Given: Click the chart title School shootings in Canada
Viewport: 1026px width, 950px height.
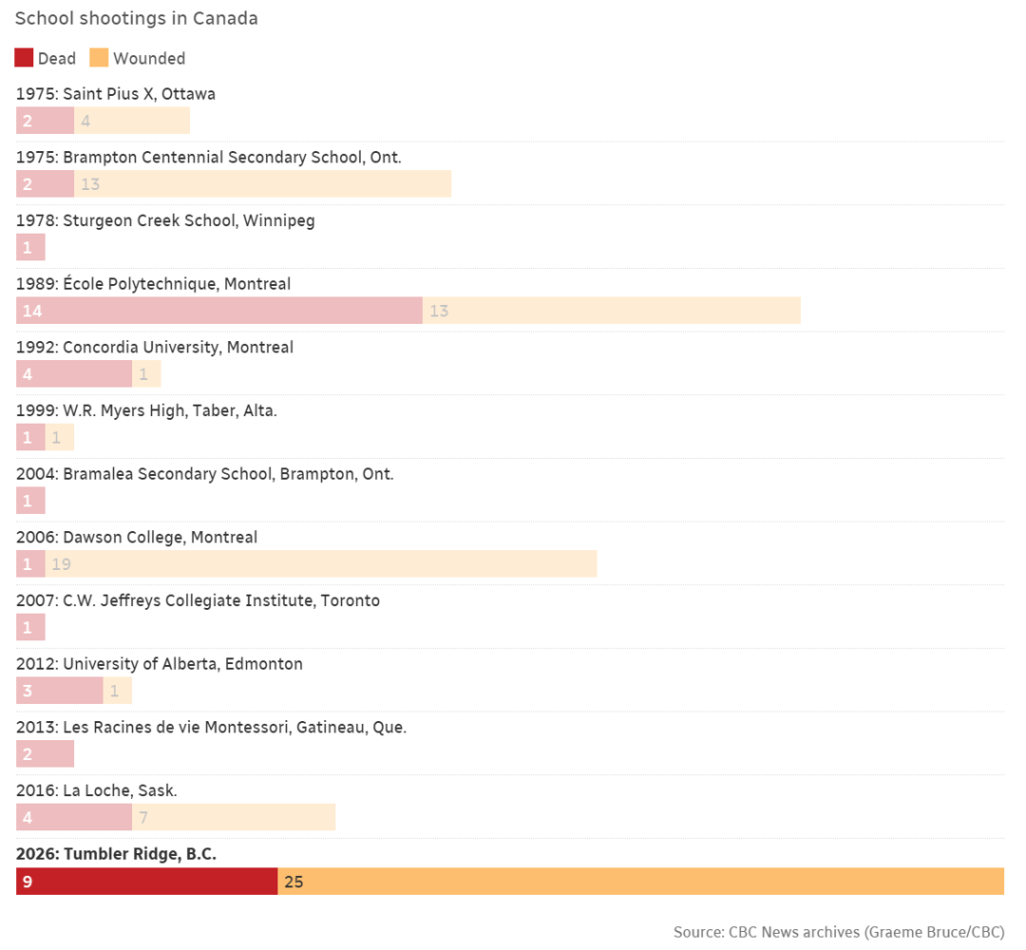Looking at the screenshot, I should pyautogui.click(x=137, y=19).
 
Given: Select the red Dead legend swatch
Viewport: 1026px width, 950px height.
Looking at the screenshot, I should pyautogui.click(x=24, y=58).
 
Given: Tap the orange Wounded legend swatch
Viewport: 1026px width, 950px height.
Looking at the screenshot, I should pyautogui.click(x=99, y=58).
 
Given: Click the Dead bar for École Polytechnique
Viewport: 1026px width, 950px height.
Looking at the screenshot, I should pyautogui.click(x=219, y=311).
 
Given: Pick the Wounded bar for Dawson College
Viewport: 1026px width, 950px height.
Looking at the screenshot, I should pyautogui.click(x=321, y=564).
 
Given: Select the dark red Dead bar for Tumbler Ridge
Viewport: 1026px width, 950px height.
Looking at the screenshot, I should pyautogui.click(x=147, y=882).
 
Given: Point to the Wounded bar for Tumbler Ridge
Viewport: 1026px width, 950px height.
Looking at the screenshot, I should pyautogui.click(x=641, y=882).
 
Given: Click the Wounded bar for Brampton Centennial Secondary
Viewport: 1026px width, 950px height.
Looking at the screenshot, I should pyautogui.click(x=262, y=184).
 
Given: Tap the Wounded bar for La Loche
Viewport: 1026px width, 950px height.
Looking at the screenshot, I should pyautogui.click(x=234, y=817).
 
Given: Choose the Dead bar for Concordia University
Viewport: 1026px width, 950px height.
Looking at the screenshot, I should pyautogui.click(x=74, y=374).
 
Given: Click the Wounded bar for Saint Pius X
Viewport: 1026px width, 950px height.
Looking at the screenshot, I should pyautogui.click(x=132, y=121).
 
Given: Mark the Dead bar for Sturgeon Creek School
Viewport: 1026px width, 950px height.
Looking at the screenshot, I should pyautogui.click(x=30, y=247).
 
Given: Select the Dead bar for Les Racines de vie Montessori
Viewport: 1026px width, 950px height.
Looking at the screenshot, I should pyautogui.click(x=45, y=754).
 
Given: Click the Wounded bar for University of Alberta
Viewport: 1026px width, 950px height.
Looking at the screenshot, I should pyautogui.click(x=118, y=691).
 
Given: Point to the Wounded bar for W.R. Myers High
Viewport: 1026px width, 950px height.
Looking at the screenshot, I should pyautogui.click(x=60, y=437).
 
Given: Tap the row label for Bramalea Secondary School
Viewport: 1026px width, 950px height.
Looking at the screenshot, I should pyautogui.click(x=204, y=474).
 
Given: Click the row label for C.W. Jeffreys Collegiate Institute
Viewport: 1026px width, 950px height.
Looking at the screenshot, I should pyautogui.click(x=198, y=600).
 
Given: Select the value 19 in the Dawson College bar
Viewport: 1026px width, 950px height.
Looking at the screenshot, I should pyautogui.click(x=62, y=564).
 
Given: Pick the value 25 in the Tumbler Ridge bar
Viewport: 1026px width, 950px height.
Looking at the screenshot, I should pyautogui.click(x=294, y=882).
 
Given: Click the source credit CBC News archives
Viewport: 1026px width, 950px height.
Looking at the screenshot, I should pyautogui.click(x=838, y=932).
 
